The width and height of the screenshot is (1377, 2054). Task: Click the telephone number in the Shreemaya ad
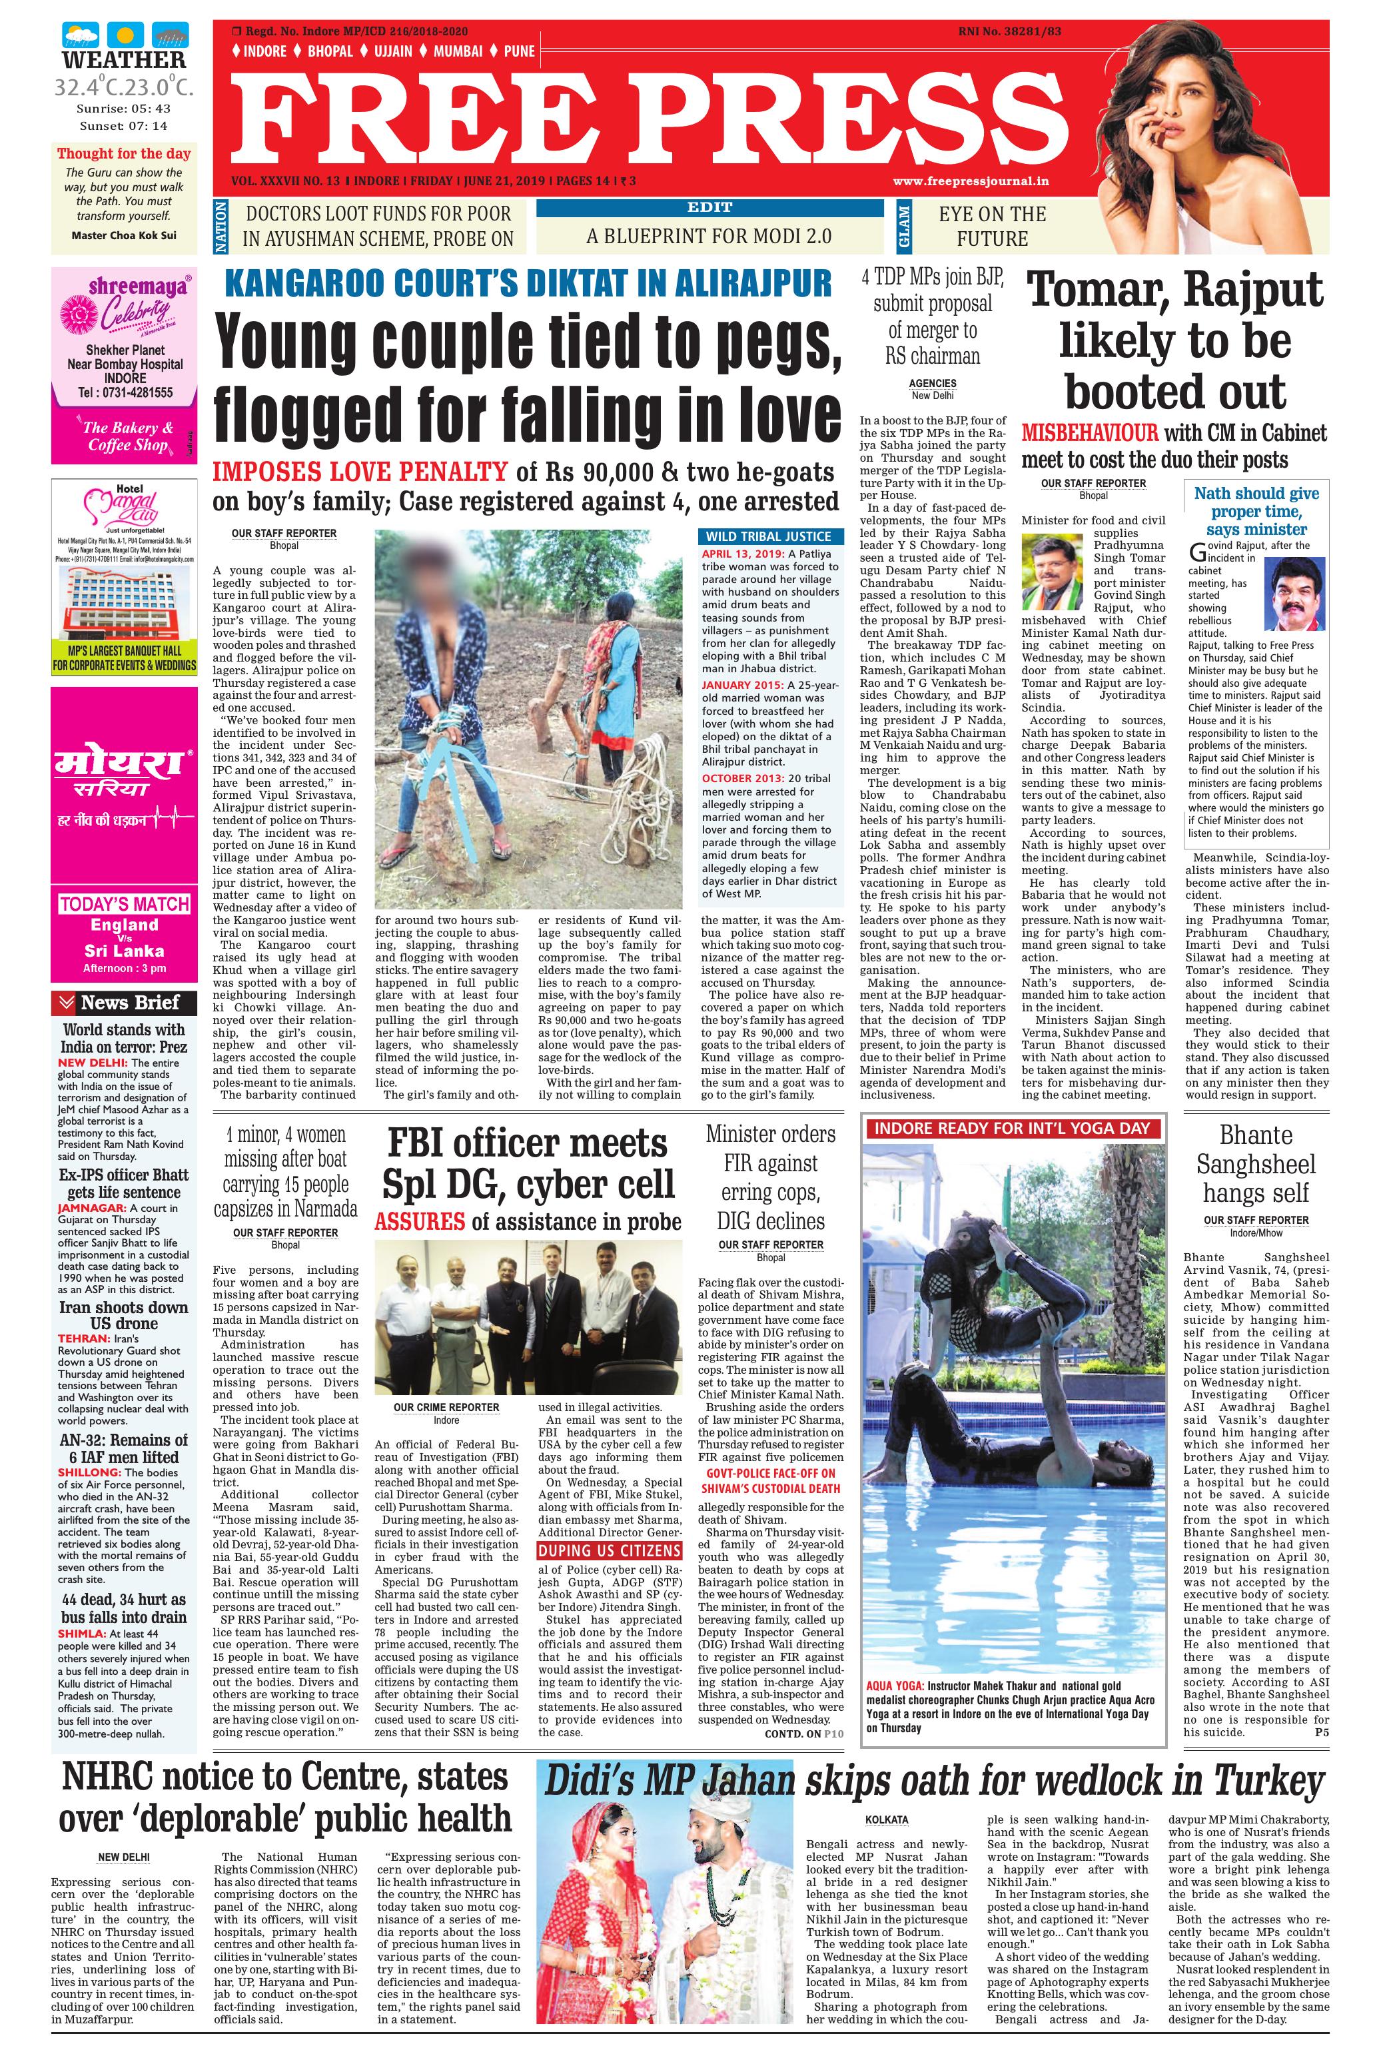point(124,392)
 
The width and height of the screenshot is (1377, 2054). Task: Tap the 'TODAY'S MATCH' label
point(124,903)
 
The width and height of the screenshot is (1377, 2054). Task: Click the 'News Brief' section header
point(129,1002)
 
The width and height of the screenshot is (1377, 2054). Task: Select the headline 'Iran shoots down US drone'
point(123,1314)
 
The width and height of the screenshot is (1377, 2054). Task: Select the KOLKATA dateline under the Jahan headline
point(886,1819)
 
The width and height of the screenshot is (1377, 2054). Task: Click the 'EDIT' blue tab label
point(709,207)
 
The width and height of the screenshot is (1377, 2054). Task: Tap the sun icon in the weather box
point(124,36)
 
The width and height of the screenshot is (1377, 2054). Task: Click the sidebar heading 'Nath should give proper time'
point(1256,511)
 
